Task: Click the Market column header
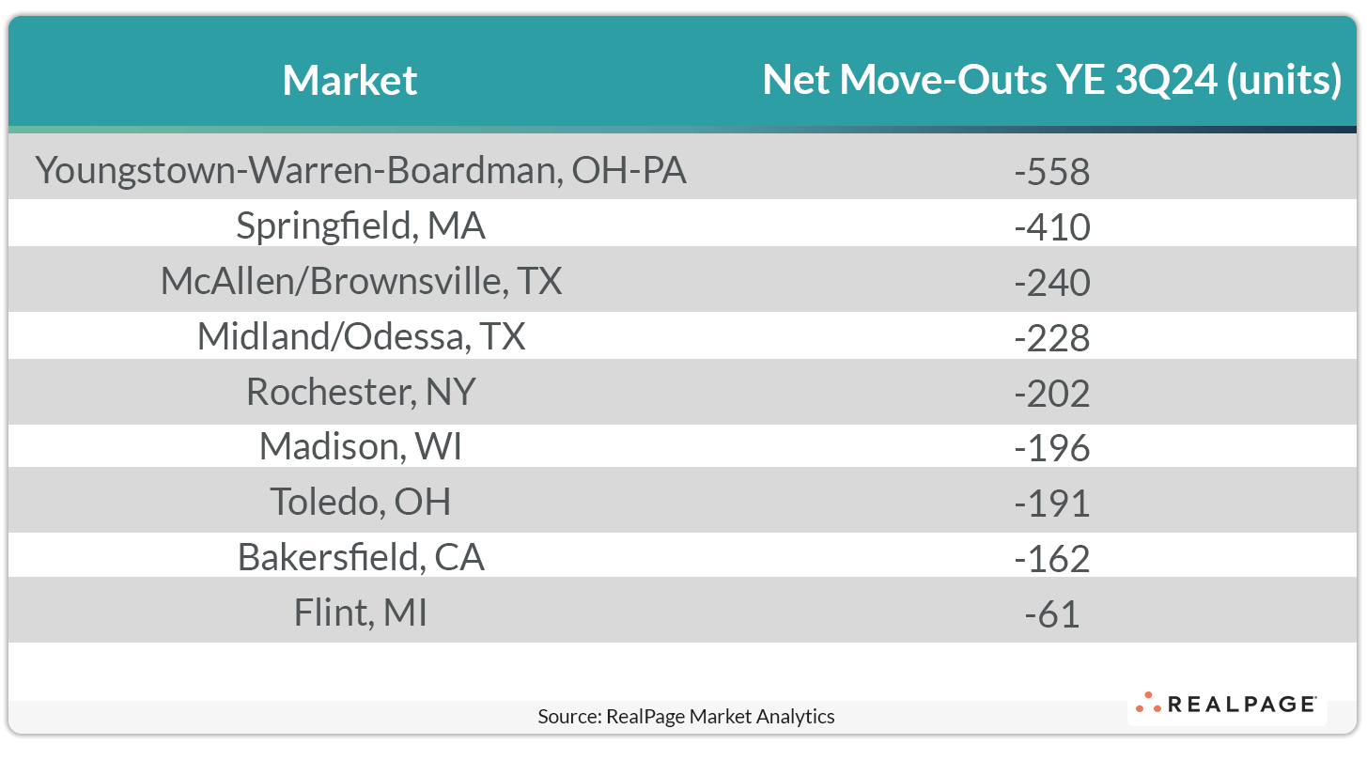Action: click(x=350, y=81)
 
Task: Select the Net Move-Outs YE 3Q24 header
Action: click(x=1051, y=81)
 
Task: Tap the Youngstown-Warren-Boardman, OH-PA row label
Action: click(x=361, y=171)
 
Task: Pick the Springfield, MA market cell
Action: click(x=361, y=226)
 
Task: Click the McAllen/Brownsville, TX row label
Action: click(x=361, y=282)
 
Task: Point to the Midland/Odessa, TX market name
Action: click(x=361, y=337)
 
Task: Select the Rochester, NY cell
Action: click(x=361, y=392)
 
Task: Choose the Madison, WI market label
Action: click(x=361, y=447)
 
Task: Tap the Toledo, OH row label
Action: click(x=361, y=503)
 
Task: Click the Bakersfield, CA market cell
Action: click(x=361, y=558)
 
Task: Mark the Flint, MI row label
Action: click(x=361, y=613)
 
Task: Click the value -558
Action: click(x=1052, y=172)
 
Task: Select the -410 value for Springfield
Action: click(x=1052, y=227)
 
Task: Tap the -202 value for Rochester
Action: click(x=1052, y=393)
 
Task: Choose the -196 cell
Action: click(x=1052, y=448)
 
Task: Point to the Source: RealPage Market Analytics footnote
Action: click(x=686, y=717)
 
